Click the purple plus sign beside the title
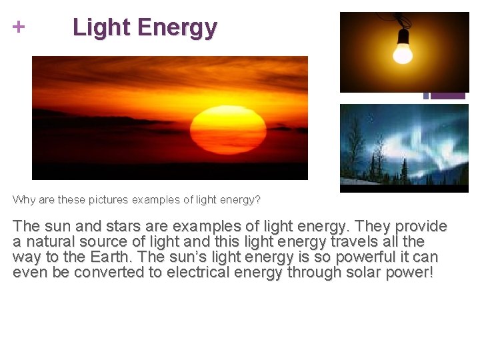[19, 27]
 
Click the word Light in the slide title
[101, 27]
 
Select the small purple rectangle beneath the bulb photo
[447, 96]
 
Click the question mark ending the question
[257, 199]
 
